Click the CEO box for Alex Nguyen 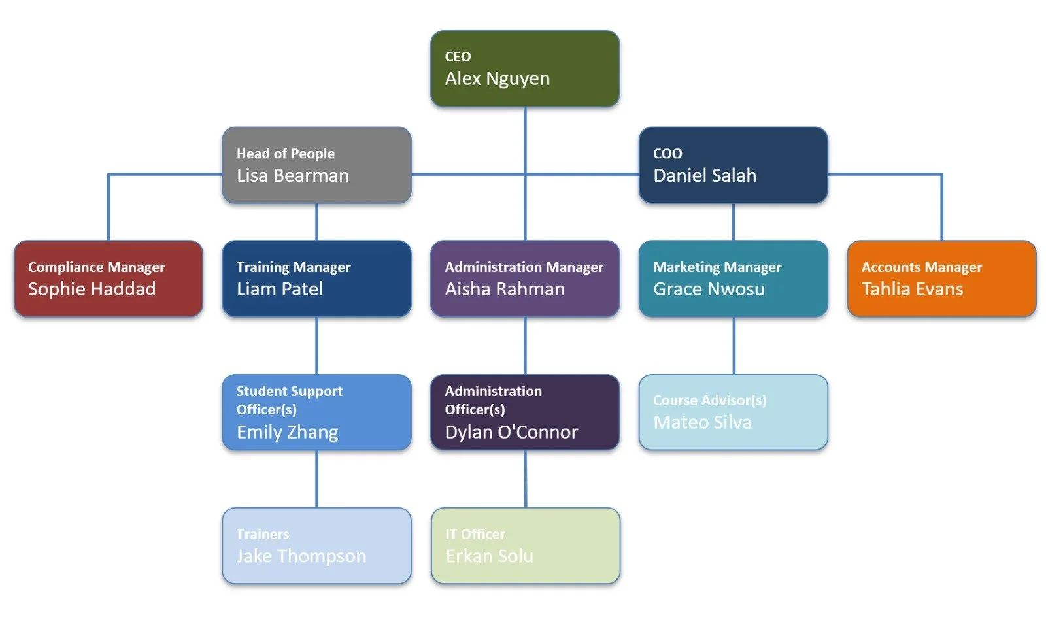click(524, 68)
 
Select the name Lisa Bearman click(292, 175)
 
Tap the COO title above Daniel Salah click(667, 154)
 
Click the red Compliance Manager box click(108, 278)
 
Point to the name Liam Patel click(279, 289)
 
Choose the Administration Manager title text click(524, 267)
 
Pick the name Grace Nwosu click(709, 289)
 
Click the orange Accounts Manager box click(941, 278)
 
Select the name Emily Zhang click(287, 432)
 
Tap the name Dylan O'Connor click(511, 432)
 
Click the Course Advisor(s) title click(709, 400)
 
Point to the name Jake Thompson click(301, 556)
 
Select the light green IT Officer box click(525, 546)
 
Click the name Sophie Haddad click(92, 289)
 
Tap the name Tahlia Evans click(912, 289)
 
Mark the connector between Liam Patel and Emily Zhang click(317, 346)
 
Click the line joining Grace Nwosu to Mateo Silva click(734, 346)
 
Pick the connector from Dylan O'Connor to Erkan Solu click(525, 479)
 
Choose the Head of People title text click(285, 154)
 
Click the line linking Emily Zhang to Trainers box click(317, 479)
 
